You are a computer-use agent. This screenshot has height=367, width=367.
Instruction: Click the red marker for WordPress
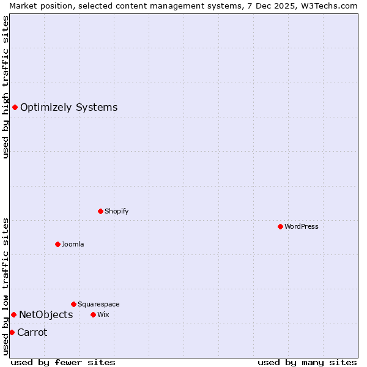tap(280, 226)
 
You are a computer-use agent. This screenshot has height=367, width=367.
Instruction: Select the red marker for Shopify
tap(100, 211)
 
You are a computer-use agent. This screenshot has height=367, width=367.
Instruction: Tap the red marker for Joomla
tap(57, 244)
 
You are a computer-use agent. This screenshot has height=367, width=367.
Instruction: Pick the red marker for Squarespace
tap(73, 304)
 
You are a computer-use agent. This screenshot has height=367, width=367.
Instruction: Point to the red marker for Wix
tap(93, 314)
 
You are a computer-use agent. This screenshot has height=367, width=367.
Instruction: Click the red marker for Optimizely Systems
tap(15, 108)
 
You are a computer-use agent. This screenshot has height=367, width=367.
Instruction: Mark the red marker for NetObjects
tap(13, 314)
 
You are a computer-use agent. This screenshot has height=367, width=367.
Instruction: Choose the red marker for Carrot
tap(12, 332)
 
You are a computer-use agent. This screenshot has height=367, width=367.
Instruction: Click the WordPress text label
tap(302, 226)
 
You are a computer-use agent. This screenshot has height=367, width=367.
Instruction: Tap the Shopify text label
tap(116, 211)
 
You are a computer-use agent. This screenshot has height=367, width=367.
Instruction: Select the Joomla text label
tap(73, 244)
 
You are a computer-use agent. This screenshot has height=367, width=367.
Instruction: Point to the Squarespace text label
tap(98, 304)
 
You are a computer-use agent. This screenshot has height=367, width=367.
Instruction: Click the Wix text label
tap(103, 314)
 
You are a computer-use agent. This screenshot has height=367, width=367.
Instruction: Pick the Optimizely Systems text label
tap(69, 108)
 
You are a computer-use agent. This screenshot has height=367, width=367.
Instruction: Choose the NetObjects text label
tap(46, 314)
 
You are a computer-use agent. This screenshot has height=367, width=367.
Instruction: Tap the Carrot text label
tap(32, 332)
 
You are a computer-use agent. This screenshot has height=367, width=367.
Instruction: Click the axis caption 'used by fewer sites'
tap(63, 362)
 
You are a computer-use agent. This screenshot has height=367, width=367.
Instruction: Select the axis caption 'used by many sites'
tap(307, 362)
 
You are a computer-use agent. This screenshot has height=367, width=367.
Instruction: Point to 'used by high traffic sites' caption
tap(6, 87)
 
